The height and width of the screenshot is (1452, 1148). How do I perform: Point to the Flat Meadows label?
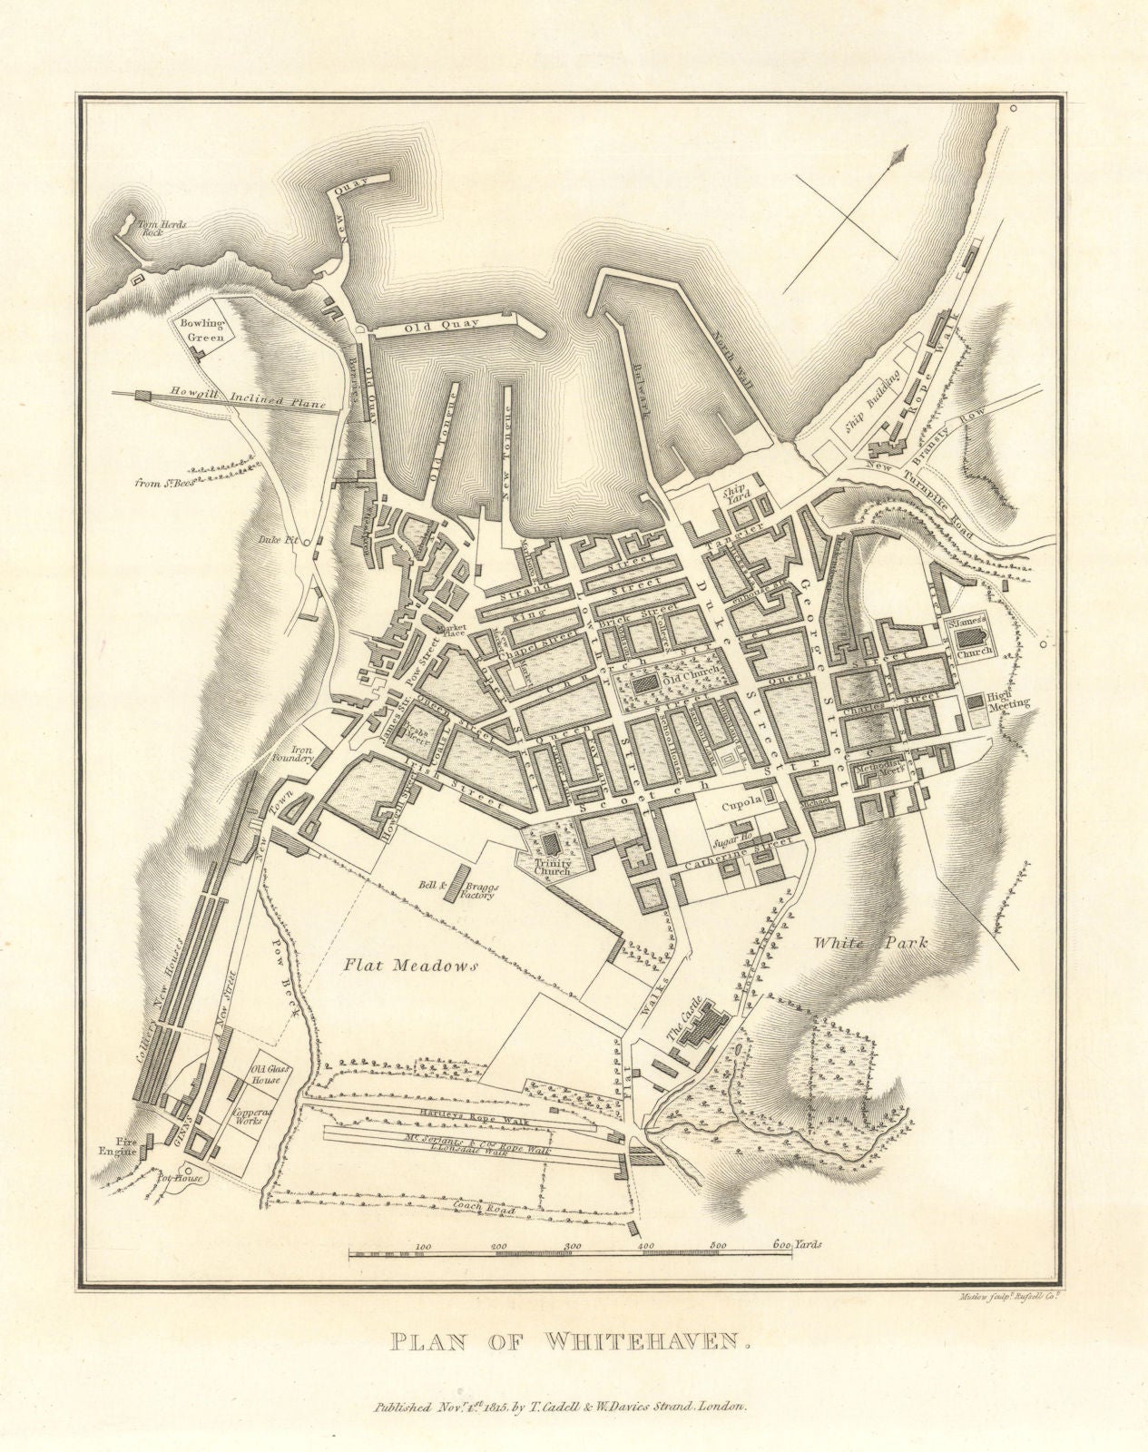[x=410, y=967]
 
